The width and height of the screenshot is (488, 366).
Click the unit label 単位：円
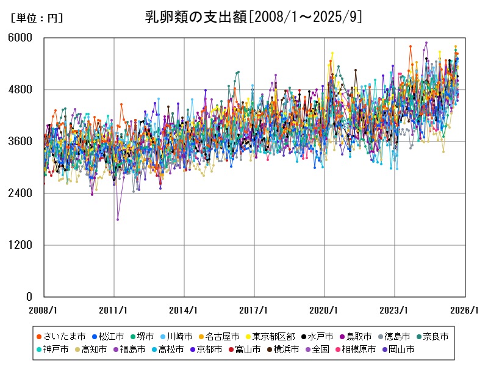37,18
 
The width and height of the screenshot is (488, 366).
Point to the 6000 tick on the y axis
22,38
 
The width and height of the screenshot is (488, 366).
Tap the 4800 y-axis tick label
22,90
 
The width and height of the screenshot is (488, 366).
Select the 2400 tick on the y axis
22,193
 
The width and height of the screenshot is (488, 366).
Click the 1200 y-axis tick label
22,245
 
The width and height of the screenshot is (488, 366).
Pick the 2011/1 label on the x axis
114,310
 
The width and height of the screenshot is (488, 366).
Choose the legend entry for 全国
320,350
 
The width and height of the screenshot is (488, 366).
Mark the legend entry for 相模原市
358,350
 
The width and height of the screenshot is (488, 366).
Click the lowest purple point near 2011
118,220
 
